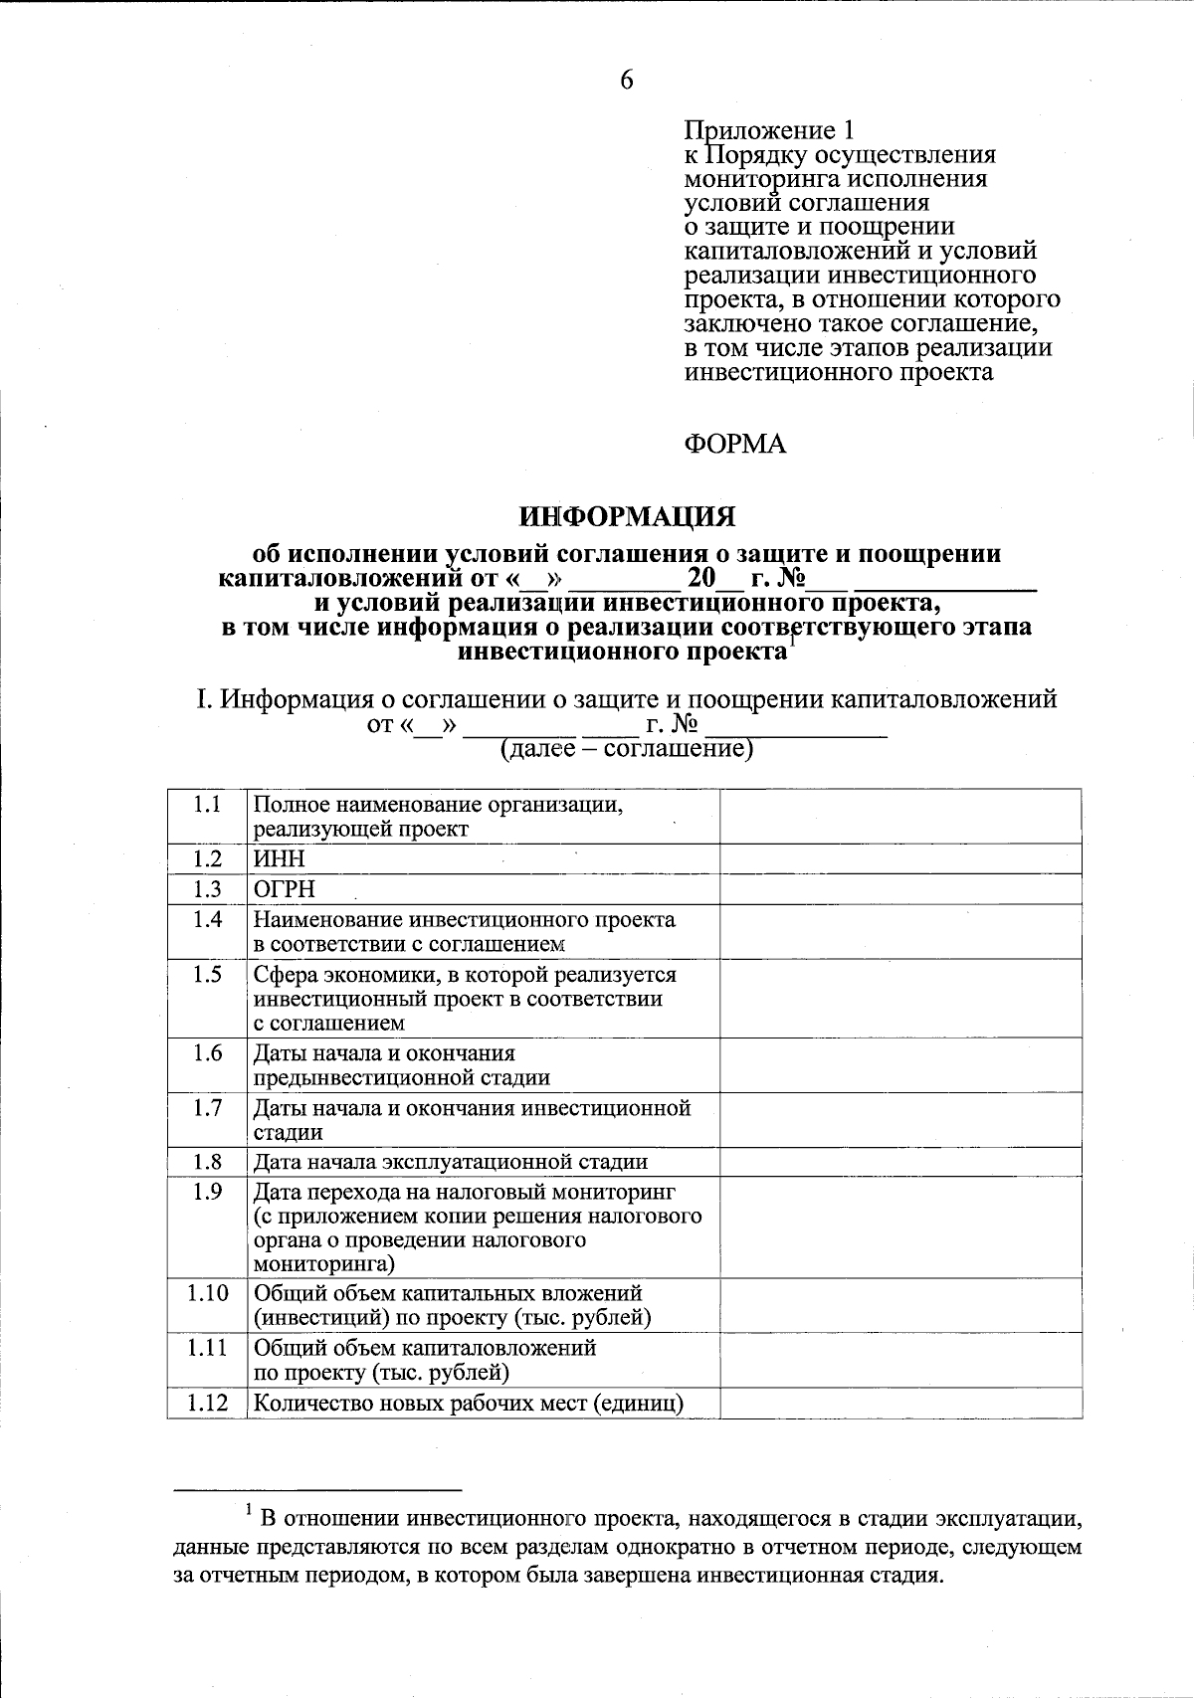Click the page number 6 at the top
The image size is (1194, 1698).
pyautogui.click(x=626, y=81)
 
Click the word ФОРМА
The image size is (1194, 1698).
pyautogui.click(x=734, y=444)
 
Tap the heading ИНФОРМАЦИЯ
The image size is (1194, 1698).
pyautogui.click(x=628, y=516)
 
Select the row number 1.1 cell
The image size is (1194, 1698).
pyautogui.click(x=207, y=805)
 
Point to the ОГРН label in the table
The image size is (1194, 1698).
pyautogui.click(x=285, y=889)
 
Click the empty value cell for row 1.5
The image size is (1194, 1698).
pyautogui.click(x=899, y=998)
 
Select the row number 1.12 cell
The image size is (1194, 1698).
pyautogui.click(x=207, y=1404)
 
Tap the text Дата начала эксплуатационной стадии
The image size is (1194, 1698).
pyautogui.click(x=451, y=1162)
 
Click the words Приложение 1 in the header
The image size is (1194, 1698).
pyautogui.click(x=769, y=130)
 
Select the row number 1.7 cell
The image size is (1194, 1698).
pyautogui.click(x=207, y=1108)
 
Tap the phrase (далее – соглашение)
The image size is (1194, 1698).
pyautogui.click(x=626, y=748)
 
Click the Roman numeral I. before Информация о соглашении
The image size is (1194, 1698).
pyautogui.click(x=203, y=699)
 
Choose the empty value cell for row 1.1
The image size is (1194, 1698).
pyautogui.click(x=899, y=817)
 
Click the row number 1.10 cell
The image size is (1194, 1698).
pyautogui.click(x=207, y=1293)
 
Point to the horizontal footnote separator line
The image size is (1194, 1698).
pyautogui.click(x=317, y=1490)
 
